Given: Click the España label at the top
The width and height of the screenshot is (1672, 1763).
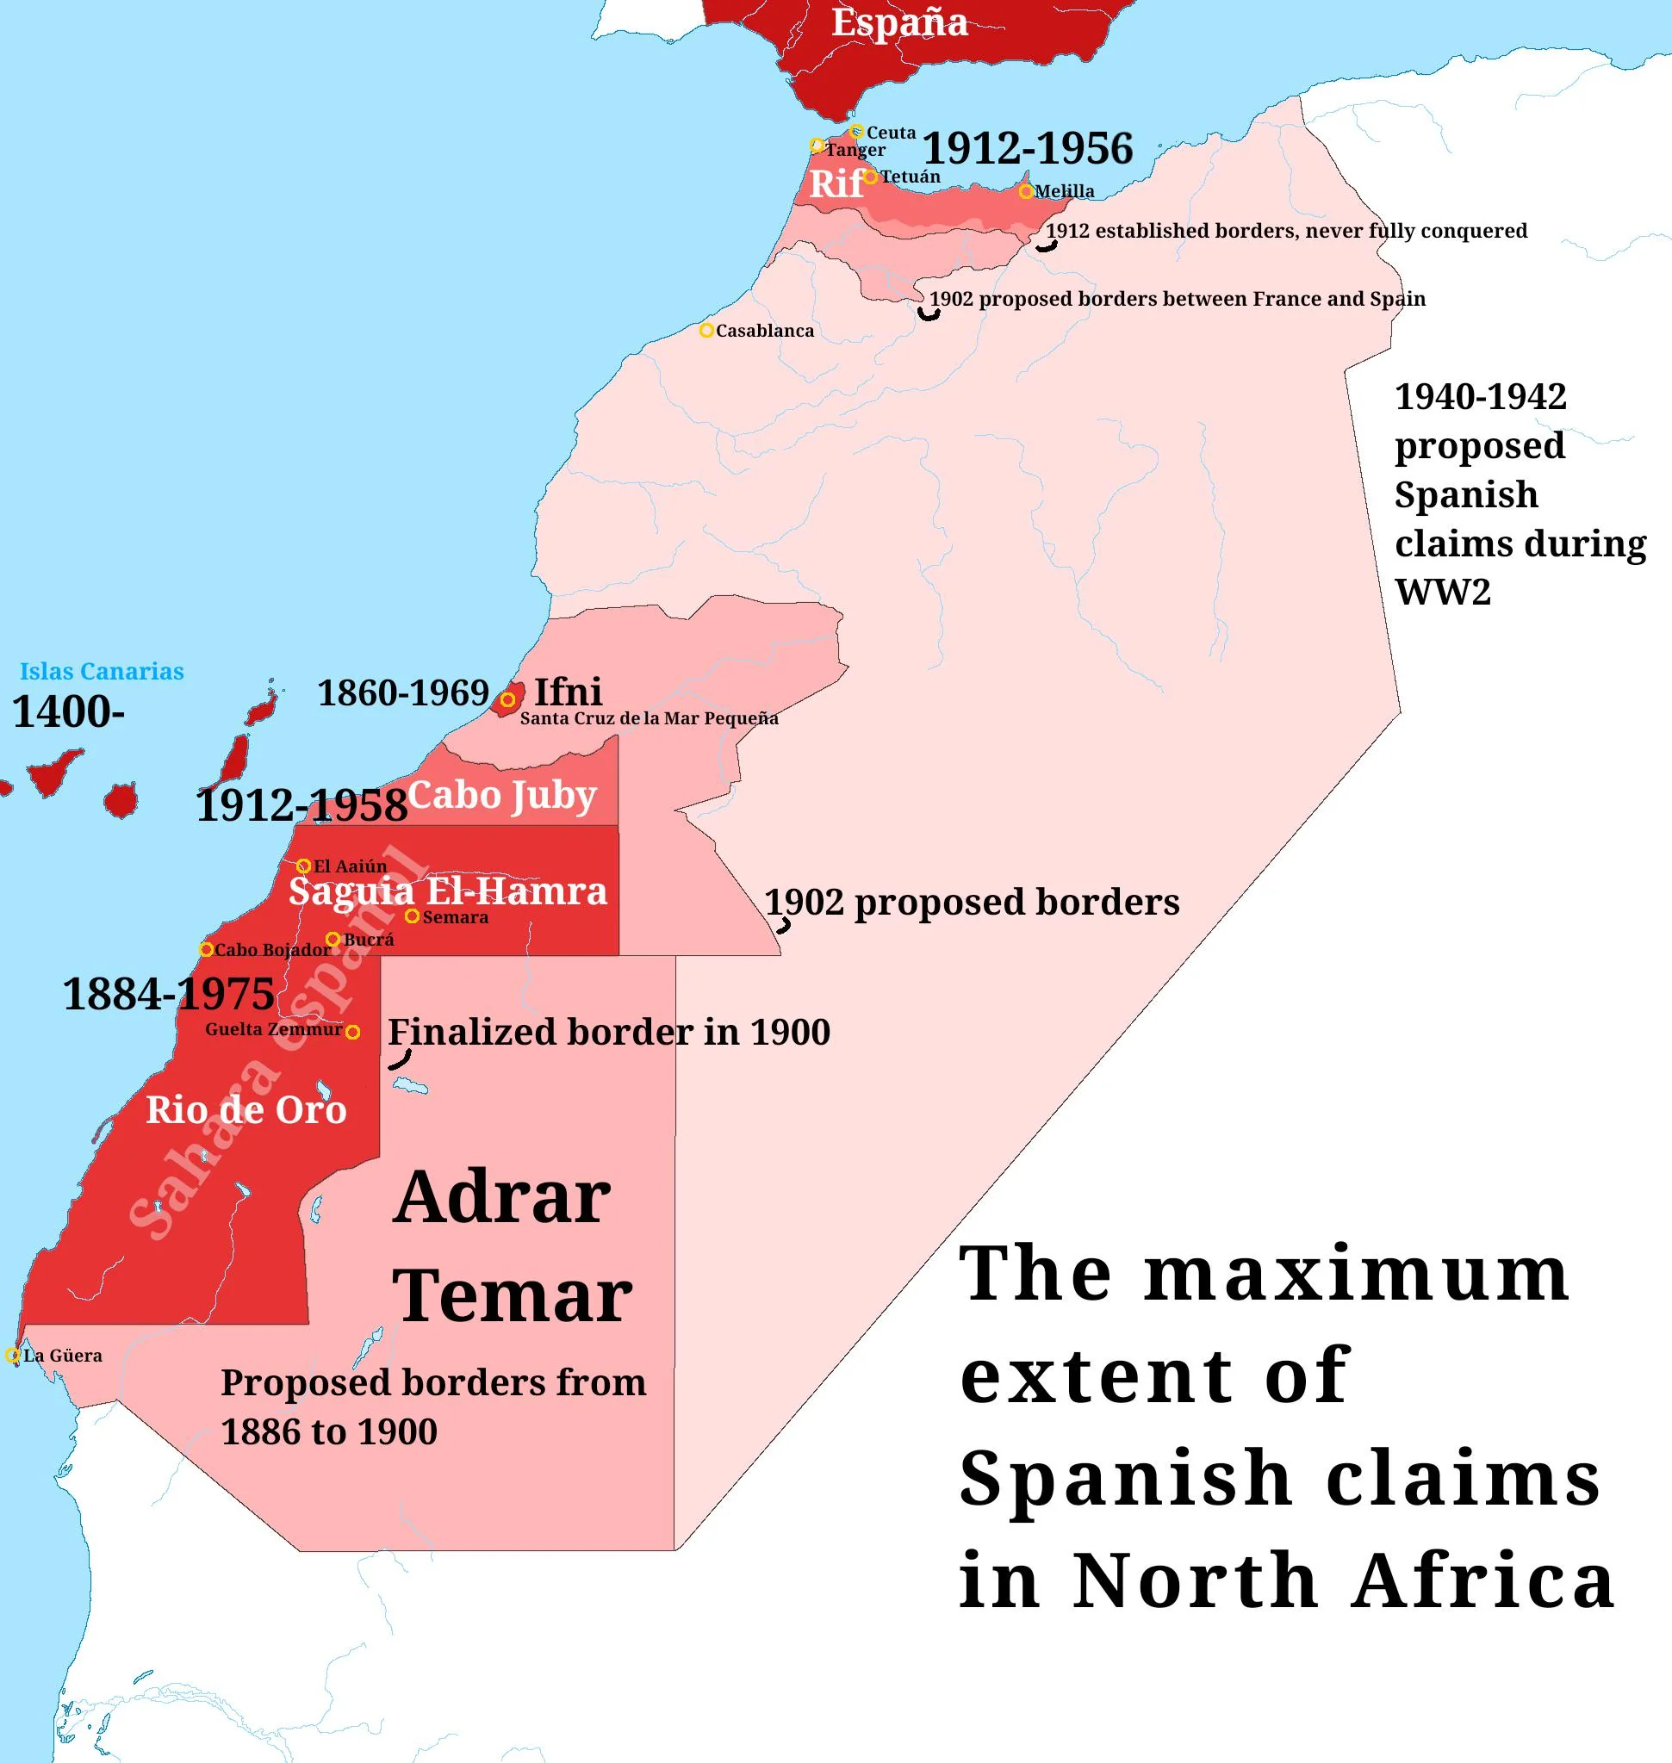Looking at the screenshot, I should point(898,23).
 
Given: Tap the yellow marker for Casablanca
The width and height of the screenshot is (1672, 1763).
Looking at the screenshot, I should point(705,331).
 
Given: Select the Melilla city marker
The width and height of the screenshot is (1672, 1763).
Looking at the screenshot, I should point(1026,190).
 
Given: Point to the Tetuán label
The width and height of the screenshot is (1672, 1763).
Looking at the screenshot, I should point(910,177).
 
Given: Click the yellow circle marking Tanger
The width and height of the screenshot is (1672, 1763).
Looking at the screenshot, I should point(817,145).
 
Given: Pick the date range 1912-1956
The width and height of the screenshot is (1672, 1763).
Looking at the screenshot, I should point(1027,148).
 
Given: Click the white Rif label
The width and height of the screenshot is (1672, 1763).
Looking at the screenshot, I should point(835,183).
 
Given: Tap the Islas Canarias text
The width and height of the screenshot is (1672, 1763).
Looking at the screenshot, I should point(102,671).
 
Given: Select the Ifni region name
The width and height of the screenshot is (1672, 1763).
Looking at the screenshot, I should point(568,692).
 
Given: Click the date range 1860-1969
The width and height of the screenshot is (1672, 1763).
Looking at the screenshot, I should point(404,692).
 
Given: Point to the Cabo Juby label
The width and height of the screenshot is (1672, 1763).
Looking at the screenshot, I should point(502,795).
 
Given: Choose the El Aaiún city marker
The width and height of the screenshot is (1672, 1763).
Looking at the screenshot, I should point(303,866).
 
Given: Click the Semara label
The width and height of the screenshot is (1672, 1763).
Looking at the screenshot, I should point(455,917).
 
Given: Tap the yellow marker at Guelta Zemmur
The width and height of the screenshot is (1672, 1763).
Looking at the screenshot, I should point(353,1032).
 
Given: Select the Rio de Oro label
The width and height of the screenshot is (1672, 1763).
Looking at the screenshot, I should point(246,1109).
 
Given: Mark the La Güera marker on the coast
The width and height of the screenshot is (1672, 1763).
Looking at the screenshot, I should point(12,1356).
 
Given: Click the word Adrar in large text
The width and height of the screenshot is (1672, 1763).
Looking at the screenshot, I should point(502,1197).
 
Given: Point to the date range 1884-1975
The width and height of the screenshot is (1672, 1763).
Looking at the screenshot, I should point(169,994).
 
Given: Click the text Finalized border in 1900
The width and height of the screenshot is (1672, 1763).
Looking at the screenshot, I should point(609,1032).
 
